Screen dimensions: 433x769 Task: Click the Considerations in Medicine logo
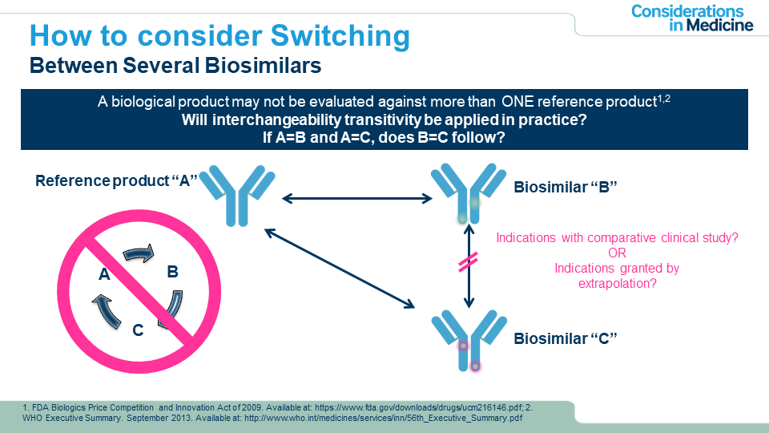tap(691, 18)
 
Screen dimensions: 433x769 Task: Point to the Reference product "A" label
tap(116, 180)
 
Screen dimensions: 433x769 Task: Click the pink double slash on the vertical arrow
tap(468, 263)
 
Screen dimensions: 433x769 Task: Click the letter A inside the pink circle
tap(104, 275)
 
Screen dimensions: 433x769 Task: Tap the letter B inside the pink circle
tap(172, 272)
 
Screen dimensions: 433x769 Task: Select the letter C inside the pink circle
tap(138, 329)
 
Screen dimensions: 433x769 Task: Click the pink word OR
tap(616, 253)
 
